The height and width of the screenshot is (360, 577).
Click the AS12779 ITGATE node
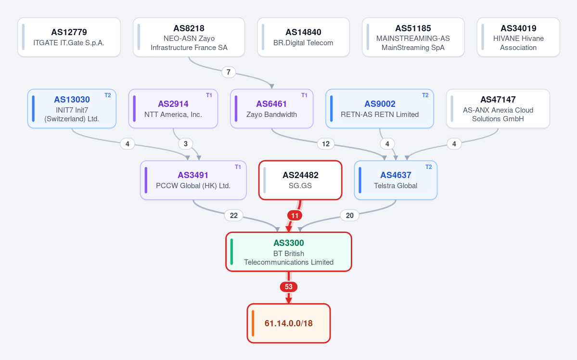[x=69, y=37]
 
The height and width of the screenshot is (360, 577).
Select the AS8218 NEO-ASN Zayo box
[x=189, y=37]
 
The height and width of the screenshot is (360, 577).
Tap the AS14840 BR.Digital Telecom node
[x=303, y=37]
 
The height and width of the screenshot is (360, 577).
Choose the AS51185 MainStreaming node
[x=413, y=37]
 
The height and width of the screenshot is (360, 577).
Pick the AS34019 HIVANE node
[x=518, y=37]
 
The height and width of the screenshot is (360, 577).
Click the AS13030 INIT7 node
[x=72, y=109]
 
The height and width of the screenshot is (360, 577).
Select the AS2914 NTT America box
[x=173, y=109]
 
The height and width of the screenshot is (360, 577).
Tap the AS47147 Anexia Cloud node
[x=498, y=109]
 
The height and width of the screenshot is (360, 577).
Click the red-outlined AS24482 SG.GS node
[x=300, y=180]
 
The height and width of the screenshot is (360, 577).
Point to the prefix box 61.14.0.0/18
[x=289, y=323]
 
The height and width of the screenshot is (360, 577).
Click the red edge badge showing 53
[x=289, y=287]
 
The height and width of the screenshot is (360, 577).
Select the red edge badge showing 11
[x=295, y=216]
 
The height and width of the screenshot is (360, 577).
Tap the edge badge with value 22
[x=234, y=216]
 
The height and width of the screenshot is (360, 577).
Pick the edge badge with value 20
[x=349, y=216]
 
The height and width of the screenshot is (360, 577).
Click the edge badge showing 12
[x=326, y=144]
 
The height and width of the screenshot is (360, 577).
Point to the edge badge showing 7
[x=229, y=72]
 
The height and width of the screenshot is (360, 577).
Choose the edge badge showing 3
[x=185, y=144]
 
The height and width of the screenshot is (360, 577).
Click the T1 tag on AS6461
[x=304, y=95]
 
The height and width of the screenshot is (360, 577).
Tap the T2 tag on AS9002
[x=425, y=95]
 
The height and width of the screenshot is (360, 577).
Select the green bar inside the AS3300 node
[x=231, y=252]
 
